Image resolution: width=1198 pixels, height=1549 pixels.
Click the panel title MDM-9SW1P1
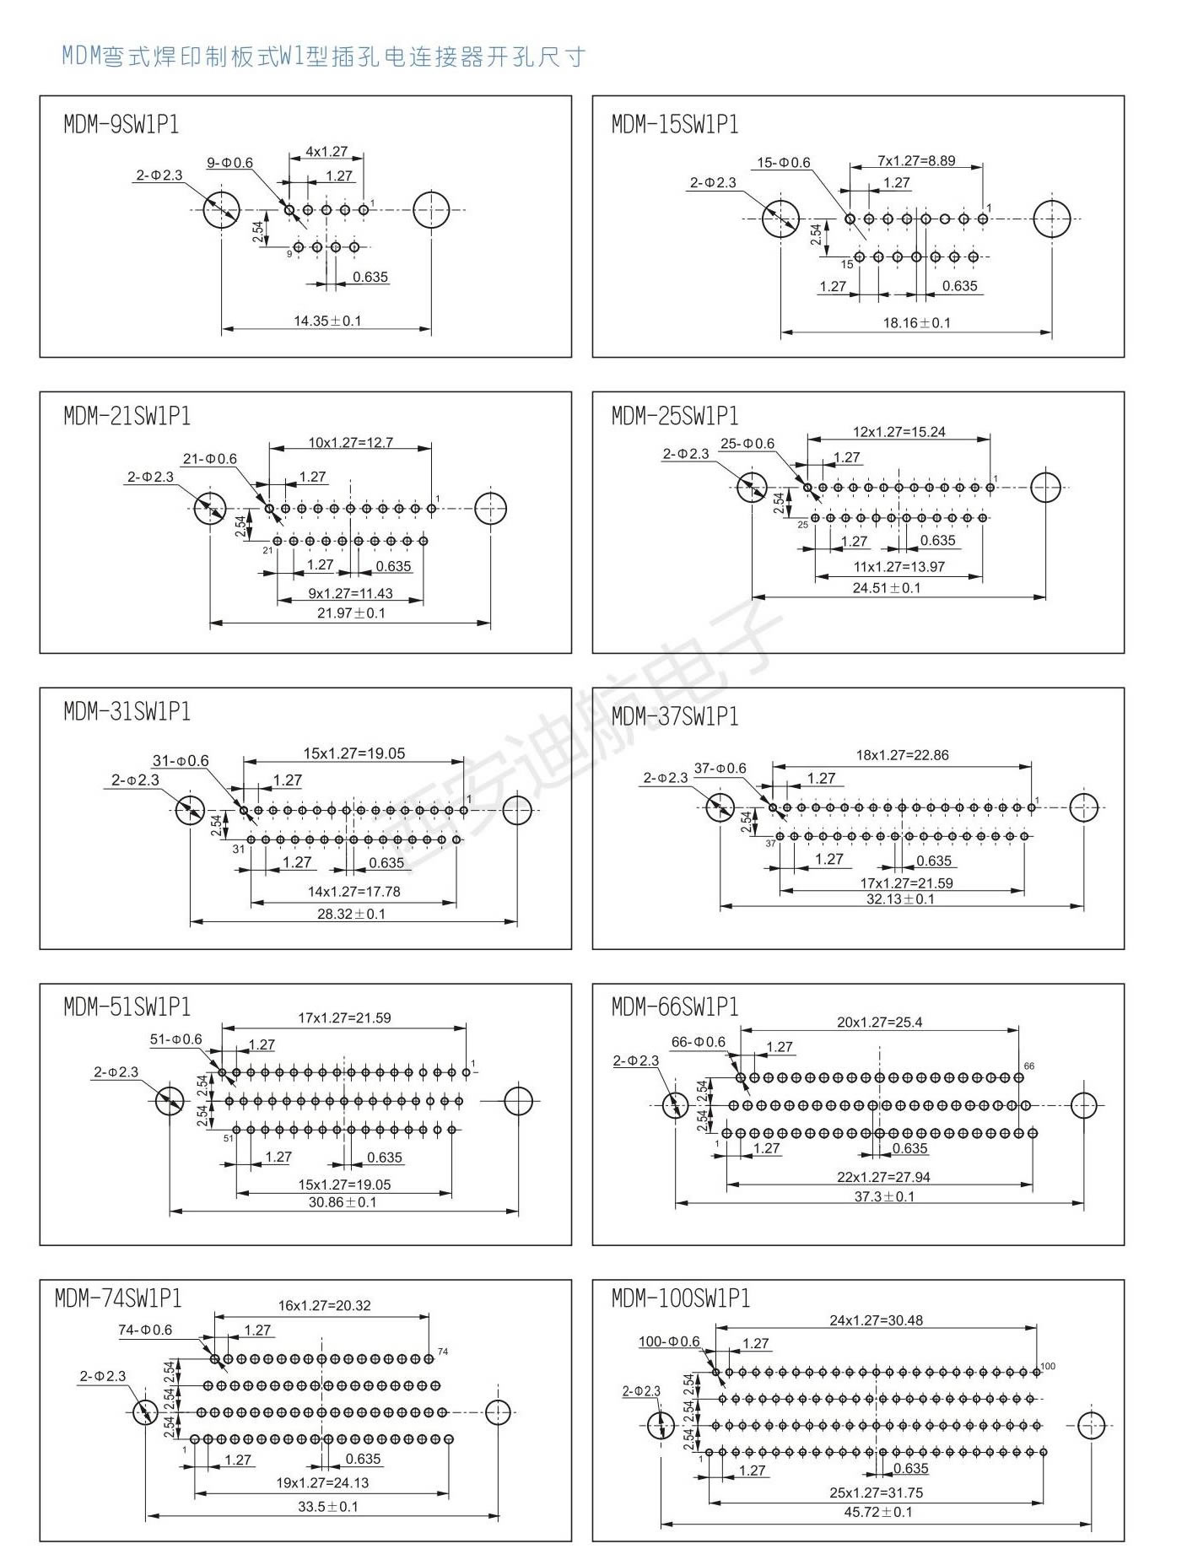tap(121, 125)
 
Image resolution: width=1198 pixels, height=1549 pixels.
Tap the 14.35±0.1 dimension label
tap(327, 321)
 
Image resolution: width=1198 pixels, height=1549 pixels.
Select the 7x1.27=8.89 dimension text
tap(916, 161)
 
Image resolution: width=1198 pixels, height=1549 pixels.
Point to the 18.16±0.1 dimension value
tap(916, 322)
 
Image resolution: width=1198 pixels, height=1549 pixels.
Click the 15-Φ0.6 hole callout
tap(783, 163)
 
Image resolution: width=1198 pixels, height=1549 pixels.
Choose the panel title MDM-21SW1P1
tap(127, 416)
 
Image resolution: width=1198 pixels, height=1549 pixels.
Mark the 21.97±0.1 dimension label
tap(351, 613)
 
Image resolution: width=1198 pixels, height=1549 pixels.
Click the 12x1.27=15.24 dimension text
tap(898, 432)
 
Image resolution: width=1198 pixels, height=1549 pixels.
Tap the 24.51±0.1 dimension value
tap(887, 587)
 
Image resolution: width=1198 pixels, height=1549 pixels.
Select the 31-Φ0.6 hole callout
tap(181, 761)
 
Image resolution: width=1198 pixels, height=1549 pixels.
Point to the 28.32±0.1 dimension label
tap(351, 914)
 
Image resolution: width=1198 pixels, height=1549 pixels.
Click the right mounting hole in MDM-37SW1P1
tap(1083, 807)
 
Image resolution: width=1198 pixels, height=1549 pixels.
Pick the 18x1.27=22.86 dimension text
tap(902, 755)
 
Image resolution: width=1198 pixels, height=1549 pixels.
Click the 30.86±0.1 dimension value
tap(343, 1201)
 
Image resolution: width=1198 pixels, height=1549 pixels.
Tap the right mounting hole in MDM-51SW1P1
tap(518, 1100)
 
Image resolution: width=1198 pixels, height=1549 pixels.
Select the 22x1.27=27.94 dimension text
tap(883, 1177)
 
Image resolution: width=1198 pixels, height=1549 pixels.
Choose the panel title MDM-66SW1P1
tap(675, 1007)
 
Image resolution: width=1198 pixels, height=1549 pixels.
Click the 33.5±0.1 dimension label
tap(327, 1506)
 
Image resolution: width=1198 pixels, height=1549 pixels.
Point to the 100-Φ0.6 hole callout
tap(669, 1341)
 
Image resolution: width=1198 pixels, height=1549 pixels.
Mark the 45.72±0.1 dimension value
tap(878, 1512)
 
